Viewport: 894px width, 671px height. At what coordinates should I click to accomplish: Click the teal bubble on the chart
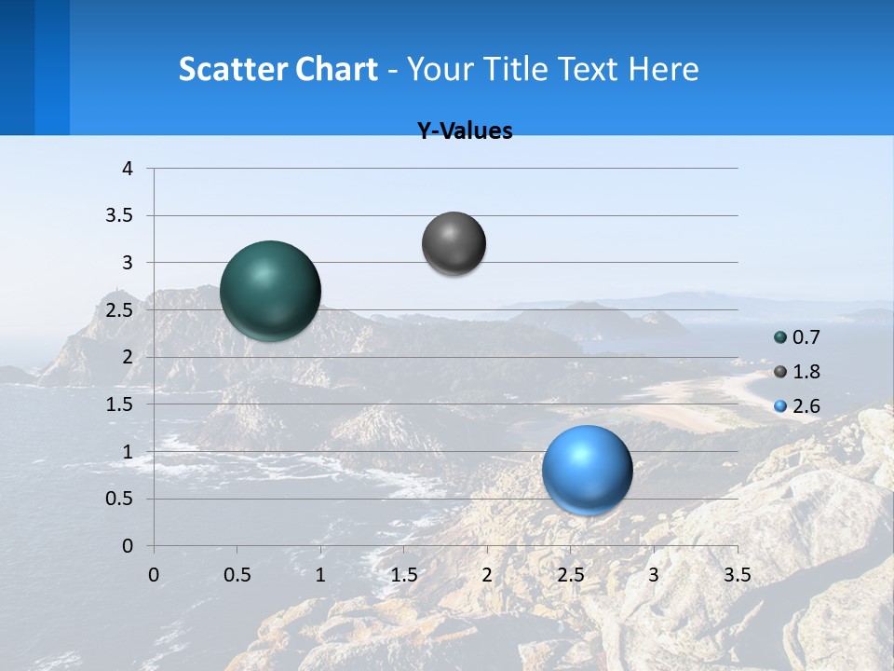pos(271,291)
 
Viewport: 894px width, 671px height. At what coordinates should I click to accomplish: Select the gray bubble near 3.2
pos(454,243)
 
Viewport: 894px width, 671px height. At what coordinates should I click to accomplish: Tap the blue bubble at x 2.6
pos(587,470)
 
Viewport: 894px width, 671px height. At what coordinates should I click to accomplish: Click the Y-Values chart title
pos(465,131)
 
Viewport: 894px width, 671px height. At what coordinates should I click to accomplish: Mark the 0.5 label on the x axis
pos(237,575)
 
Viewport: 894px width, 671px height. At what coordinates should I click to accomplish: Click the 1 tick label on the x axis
pos(320,575)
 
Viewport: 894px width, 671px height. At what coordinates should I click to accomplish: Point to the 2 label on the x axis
pos(487,575)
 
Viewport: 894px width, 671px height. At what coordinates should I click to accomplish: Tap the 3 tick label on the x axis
pos(654,575)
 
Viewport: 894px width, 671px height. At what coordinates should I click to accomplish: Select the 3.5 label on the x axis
pos(737,575)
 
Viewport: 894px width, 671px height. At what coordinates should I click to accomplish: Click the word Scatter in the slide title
pos(233,69)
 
